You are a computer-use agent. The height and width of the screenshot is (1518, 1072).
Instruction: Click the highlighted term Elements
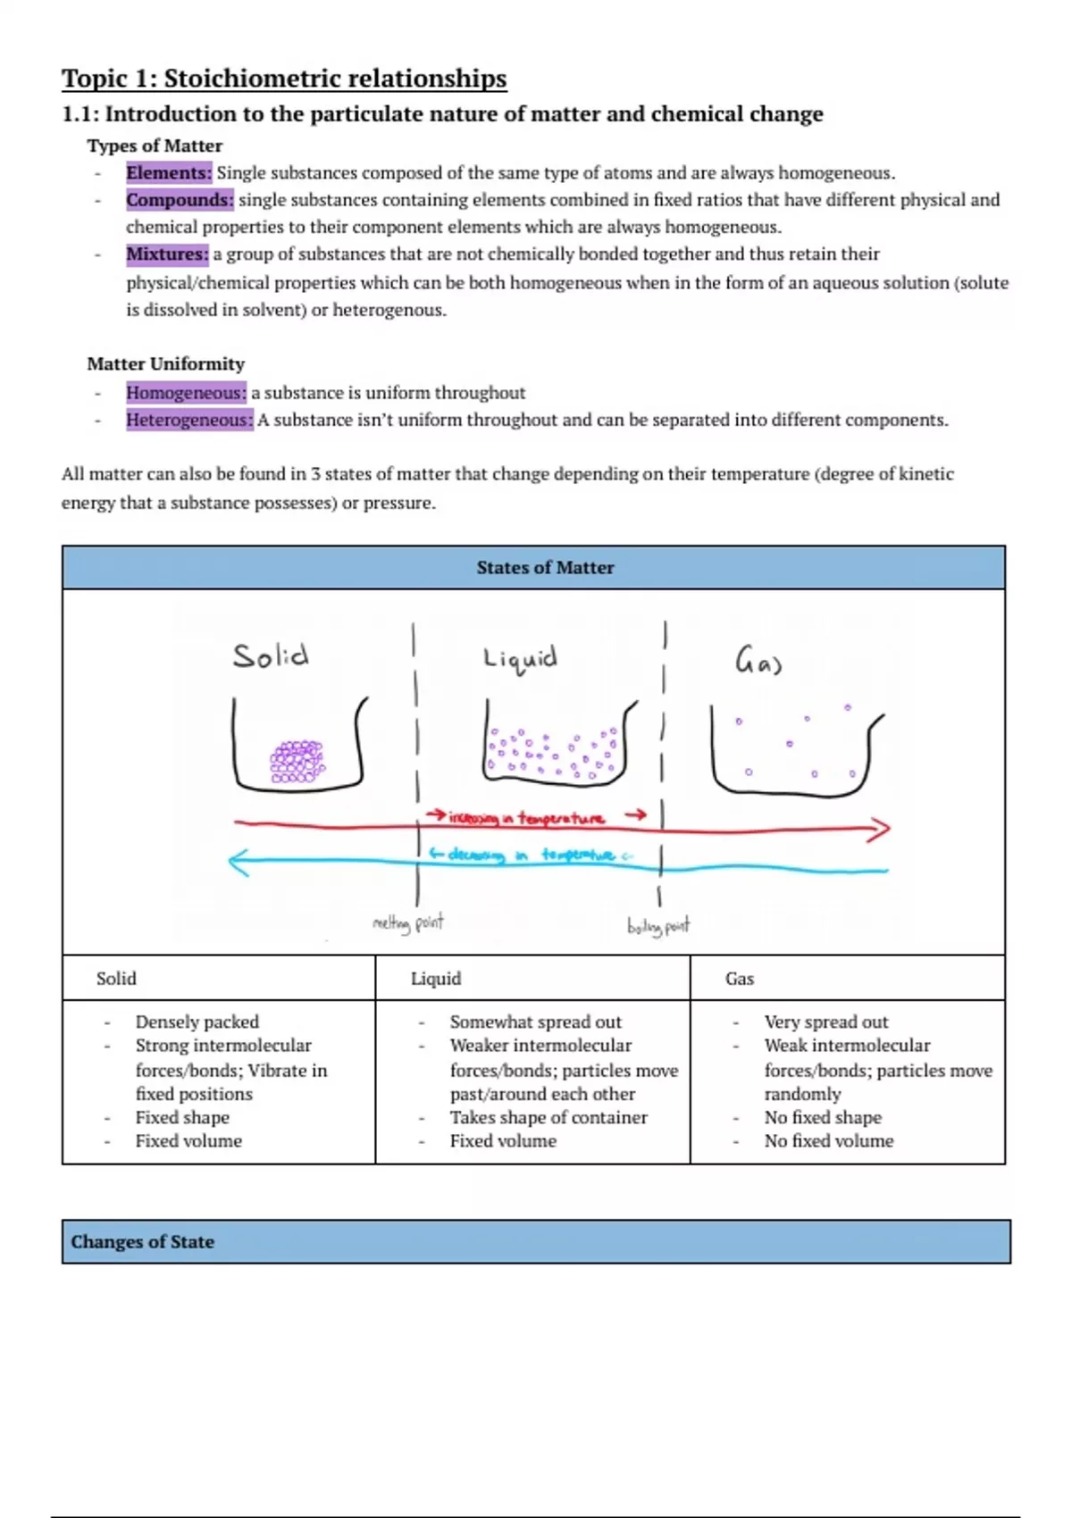pyautogui.click(x=169, y=173)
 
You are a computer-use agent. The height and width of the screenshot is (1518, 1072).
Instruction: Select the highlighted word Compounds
pyautogui.click(x=180, y=200)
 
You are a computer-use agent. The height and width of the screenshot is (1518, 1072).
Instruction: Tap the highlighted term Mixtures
pyautogui.click(x=167, y=254)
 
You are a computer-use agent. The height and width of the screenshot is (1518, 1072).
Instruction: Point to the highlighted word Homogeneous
pyautogui.click(x=186, y=393)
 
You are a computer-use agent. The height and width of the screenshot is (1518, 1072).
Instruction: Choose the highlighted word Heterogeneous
pyautogui.click(x=189, y=420)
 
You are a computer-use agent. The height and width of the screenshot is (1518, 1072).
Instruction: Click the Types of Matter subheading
pyautogui.click(x=155, y=146)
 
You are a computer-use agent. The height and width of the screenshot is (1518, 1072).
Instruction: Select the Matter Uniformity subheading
pyautogui.click(x=165, y=364)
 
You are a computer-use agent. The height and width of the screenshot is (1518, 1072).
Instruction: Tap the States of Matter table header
pyautogui.click(x=545, y=568)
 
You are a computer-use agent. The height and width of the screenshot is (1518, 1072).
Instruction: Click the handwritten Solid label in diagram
pyautogui.click(x=271, y=656)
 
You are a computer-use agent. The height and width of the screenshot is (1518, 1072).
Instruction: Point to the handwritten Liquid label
pyautogui.click(x=520, y=659)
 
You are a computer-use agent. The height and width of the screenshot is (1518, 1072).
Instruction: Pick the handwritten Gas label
pyautogui.click(x=758, y=663)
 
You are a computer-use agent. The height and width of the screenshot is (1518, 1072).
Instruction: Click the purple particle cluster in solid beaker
pyautogui.click(x=297, y=761)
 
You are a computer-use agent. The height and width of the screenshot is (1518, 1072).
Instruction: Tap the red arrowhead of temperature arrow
pyautogui.click(x=879, y=830)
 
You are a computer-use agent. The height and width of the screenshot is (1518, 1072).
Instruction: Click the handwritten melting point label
pyautogui.click(x=407, y=922)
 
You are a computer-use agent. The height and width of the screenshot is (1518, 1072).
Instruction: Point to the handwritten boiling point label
pyautogui.click(x=658, y=926)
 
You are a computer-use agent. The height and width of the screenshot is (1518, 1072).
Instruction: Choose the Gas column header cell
pyautogui.click(x=740, y=979)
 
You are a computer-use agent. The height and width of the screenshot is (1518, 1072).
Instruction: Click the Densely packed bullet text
pyautogui.click(x=197, y=1022)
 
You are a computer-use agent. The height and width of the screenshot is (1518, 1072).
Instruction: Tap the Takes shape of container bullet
pyautogui.click(x=549, y=1118)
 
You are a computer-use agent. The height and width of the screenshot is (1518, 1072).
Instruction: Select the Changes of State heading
pyautogui.click(x=143, y=1242)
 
